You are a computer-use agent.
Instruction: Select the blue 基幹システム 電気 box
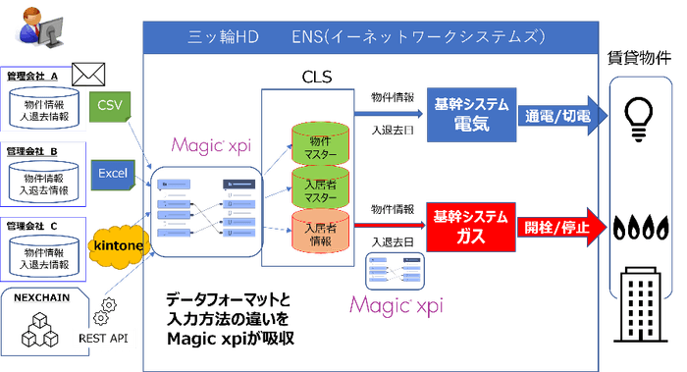tap(463, 119)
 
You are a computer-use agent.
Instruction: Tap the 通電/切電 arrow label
tap(555, 116)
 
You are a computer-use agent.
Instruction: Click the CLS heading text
tap(319, 76)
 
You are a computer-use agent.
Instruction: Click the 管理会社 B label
tap(32, 151)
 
